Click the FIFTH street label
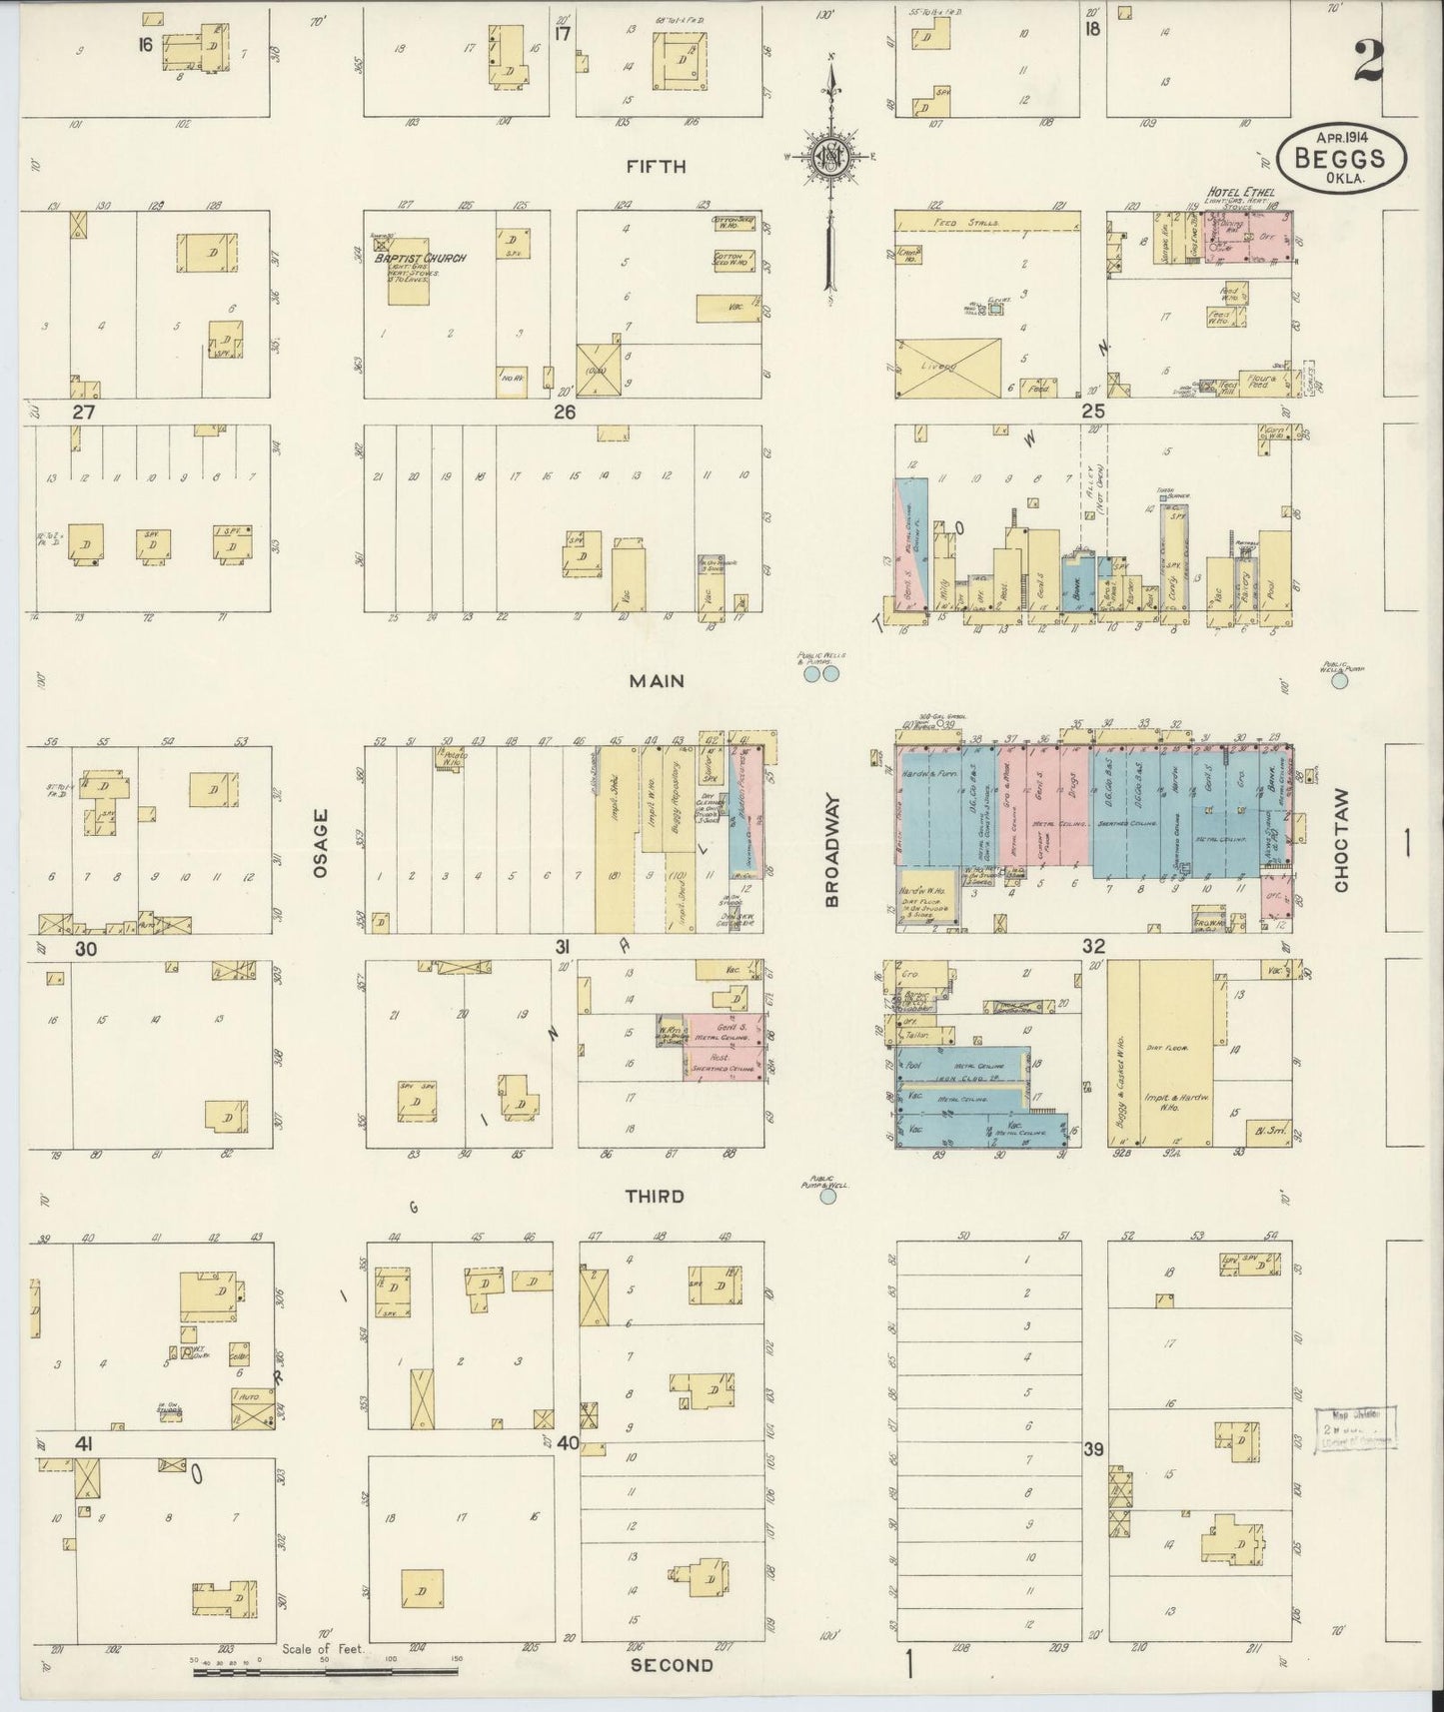point(656,167)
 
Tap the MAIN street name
point(657,680)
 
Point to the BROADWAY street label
point(833,851)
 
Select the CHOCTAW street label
point(1341,841)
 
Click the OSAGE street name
point(320,843)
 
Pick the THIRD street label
point(655,1196)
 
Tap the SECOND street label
point(672,1665)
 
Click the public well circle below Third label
point(827,1195)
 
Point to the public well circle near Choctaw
point(1340,681)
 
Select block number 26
point(565,412)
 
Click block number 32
point(1092,945)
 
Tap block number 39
point(1094,1449)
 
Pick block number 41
point(84,1444)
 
